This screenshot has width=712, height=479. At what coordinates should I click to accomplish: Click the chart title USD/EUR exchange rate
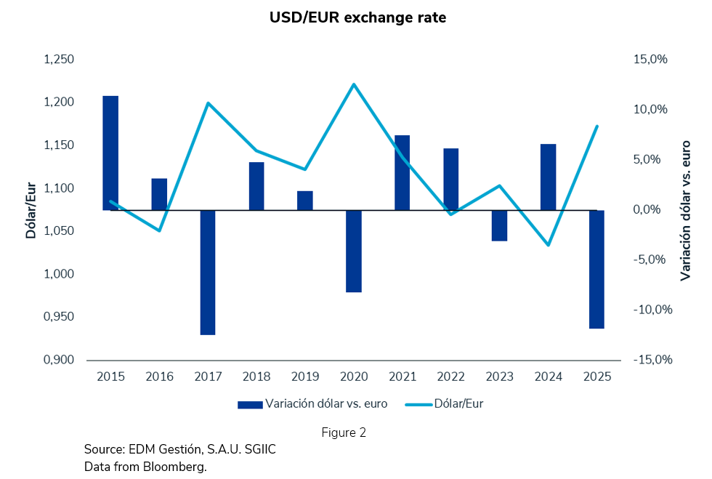click(356, 17)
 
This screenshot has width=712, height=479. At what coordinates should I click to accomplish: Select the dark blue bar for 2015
click(110, 153)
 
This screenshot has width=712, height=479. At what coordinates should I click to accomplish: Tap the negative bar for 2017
click(208, 273)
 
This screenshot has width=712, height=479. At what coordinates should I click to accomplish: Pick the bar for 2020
click(354, 251)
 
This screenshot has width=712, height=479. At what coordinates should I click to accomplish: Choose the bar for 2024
click(549, 177)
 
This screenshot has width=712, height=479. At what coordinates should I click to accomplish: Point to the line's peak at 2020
click(354, 84)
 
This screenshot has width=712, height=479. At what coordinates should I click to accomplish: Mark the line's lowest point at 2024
click(549, 245)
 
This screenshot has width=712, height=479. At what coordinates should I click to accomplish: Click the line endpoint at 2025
click(596, 126)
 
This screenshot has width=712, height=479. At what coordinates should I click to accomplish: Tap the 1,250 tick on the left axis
click(60, 60)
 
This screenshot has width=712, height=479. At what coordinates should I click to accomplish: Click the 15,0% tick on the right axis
click(650, 60)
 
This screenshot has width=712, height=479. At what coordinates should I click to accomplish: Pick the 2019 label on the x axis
click(305, 377)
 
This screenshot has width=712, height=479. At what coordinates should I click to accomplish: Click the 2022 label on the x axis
click(451, 377)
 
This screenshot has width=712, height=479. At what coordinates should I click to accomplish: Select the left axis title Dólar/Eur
click(31, 209)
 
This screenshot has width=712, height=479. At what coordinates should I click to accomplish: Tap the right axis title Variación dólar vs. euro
click(685, 210)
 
